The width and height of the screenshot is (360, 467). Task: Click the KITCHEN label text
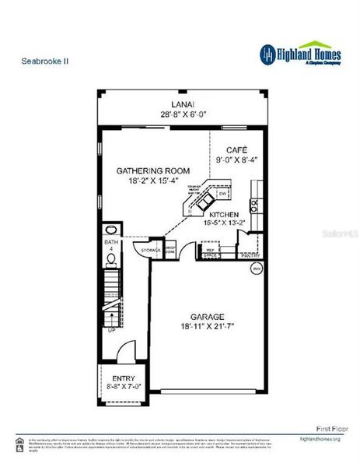(x=225, y=214)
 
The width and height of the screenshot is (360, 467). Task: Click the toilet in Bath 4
(x=110, y=260)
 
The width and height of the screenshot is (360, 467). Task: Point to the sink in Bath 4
(x=110, y=230)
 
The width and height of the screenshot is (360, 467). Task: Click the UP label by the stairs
(x=111, y=329)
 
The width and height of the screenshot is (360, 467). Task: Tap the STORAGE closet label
(x=150, y=250)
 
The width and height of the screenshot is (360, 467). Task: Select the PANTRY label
(x=251, y=255)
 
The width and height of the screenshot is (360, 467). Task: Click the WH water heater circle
(x=256, y=268)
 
